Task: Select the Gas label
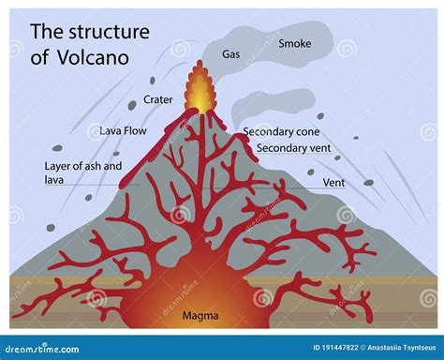tap(230, 54)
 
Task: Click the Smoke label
tap(294, 43)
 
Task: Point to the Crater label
tap(158, 99)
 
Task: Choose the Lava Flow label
tap(122, 131)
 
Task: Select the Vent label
tap(333, 182)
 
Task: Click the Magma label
tap(200, 315)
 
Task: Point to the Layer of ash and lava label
tap(83, 172)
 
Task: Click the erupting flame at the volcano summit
tap(198, 89)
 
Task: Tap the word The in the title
tap(46, 32)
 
